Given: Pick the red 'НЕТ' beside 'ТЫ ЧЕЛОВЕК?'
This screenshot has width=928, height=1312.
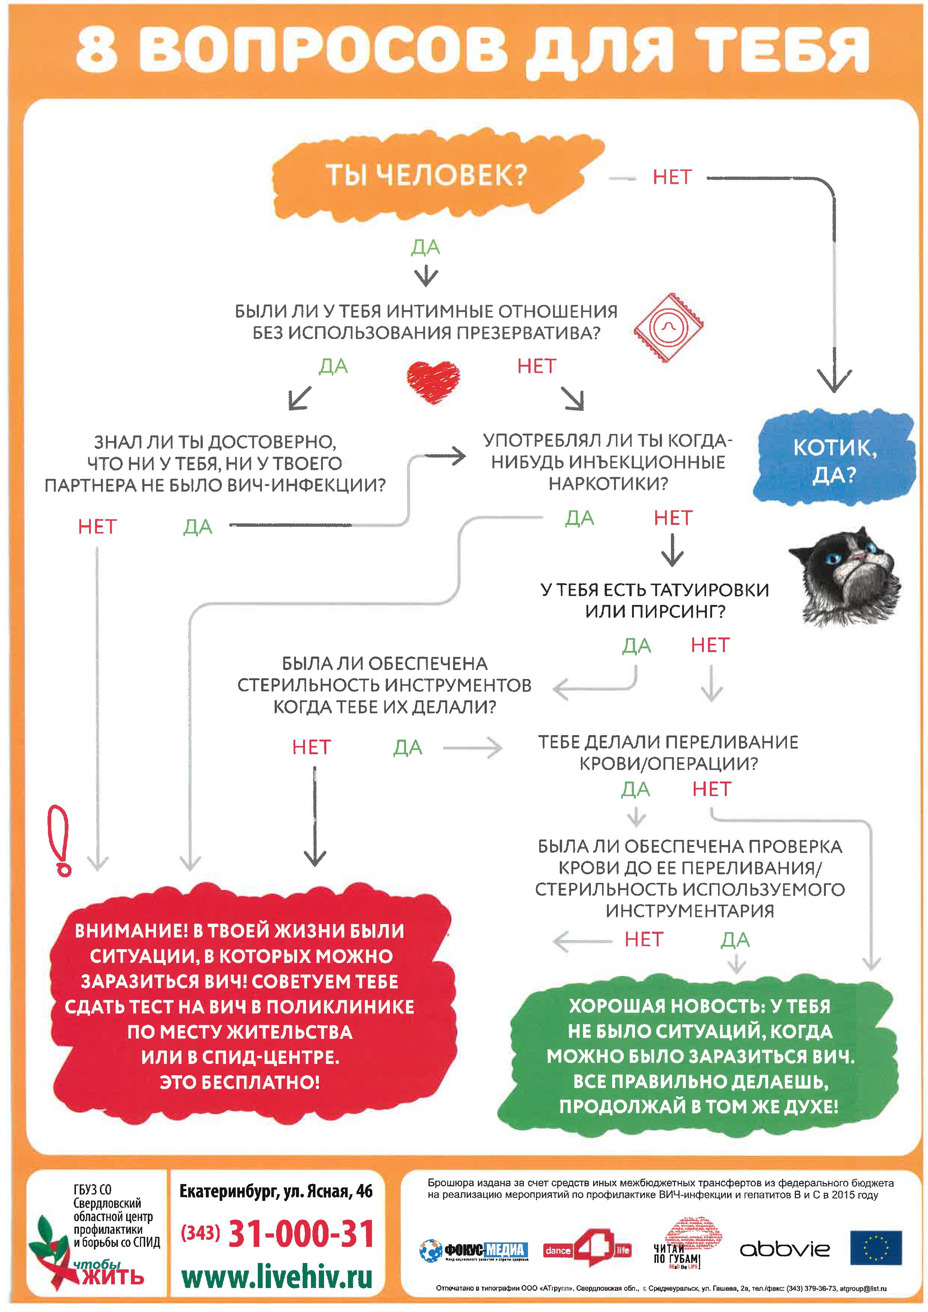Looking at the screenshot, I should coord(672,177).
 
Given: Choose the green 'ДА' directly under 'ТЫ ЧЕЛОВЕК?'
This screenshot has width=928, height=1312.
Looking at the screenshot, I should coord(426,247).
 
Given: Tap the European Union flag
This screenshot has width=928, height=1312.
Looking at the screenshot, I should coord(876,1248).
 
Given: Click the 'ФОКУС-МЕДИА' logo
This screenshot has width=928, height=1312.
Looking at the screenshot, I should coord(474,1251).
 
